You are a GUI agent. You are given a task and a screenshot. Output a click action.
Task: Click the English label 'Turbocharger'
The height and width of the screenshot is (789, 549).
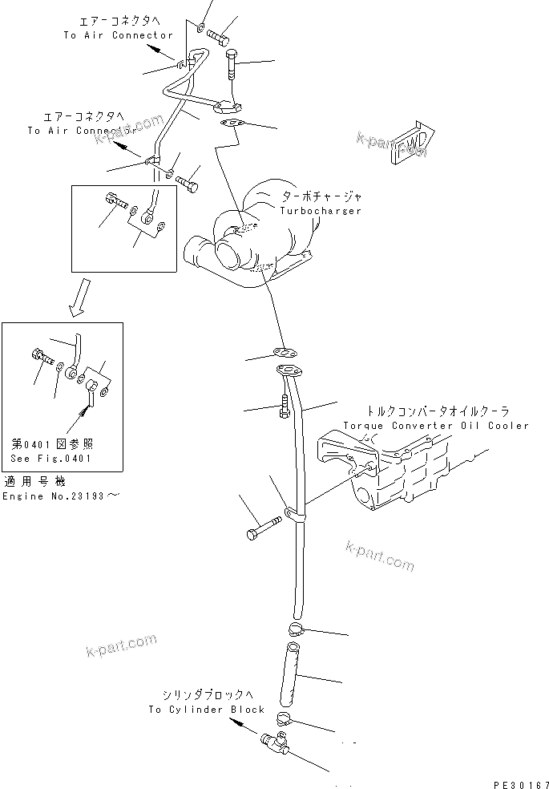[321, 211]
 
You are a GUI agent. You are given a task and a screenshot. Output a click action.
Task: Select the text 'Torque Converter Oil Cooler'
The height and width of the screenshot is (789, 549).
[436, 426]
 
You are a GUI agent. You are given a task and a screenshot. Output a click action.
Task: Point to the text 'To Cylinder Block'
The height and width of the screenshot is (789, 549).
[206, 710]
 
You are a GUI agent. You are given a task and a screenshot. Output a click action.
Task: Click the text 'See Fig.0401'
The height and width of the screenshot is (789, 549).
[50, 459]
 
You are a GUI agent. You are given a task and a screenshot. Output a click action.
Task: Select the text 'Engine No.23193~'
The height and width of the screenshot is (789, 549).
[61, 497]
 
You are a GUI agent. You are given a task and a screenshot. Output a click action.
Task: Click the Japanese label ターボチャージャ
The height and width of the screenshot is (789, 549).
[321, 196]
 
